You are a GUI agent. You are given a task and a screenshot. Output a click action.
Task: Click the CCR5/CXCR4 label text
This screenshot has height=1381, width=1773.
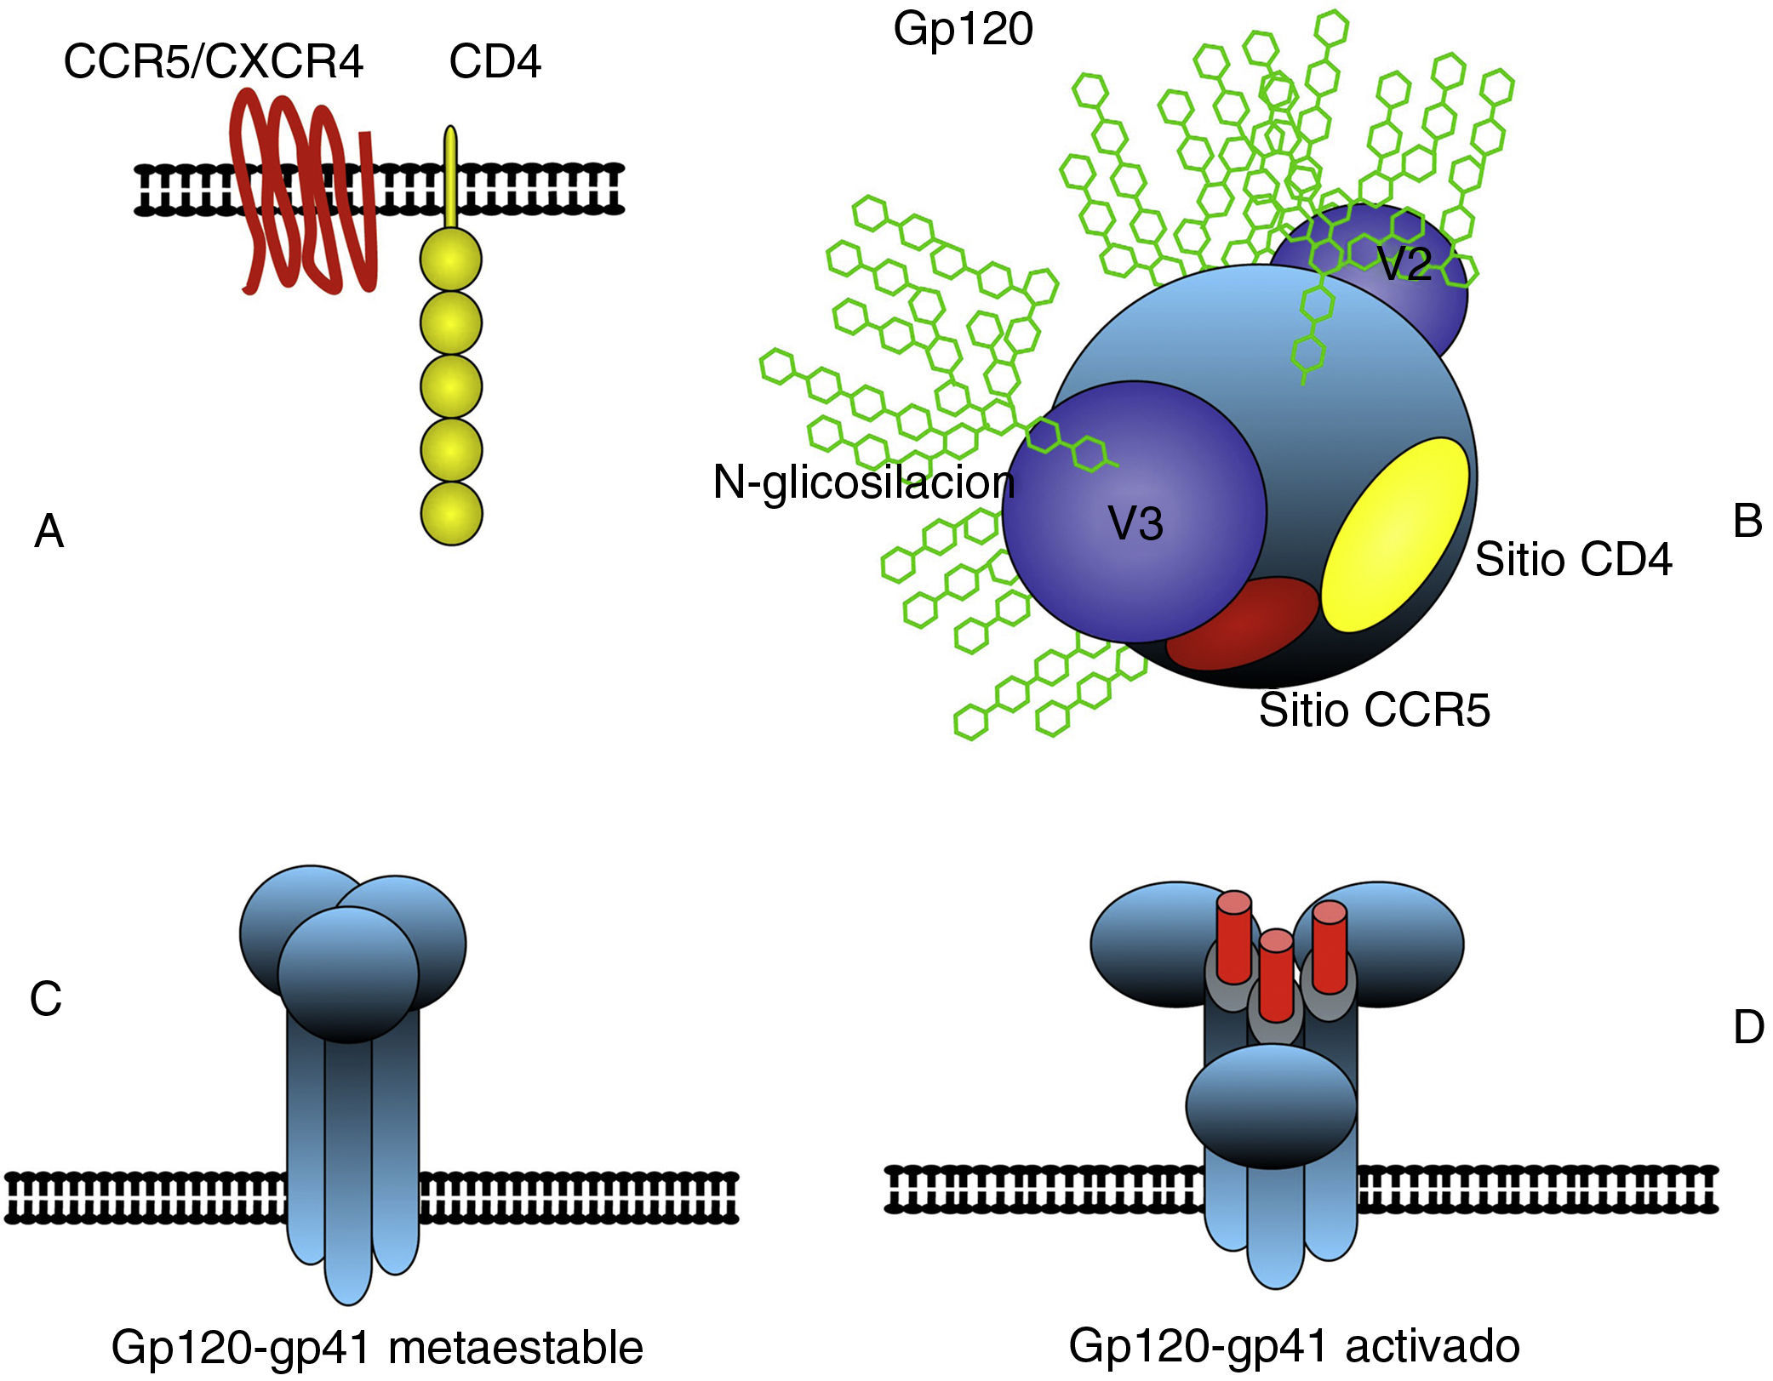click(x=214, y=61)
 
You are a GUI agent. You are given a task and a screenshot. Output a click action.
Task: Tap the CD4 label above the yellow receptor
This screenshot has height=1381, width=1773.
click(x=495, y=61)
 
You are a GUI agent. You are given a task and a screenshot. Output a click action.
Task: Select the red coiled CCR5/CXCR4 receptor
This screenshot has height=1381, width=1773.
click(x=306, y=196)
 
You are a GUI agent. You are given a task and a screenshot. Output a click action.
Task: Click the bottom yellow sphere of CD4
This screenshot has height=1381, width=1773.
click(x=452, y=513)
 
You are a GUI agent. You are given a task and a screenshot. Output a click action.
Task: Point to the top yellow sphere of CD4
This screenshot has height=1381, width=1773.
click(x=451, y=260)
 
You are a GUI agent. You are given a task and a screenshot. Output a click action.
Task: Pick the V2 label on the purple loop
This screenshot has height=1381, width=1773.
click(x=1404, y=264)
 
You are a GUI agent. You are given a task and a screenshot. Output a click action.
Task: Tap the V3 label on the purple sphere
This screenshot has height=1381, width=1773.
click(x=1135, y=522)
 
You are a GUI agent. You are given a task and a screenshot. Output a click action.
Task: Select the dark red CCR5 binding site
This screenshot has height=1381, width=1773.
click(x=1243, y=623)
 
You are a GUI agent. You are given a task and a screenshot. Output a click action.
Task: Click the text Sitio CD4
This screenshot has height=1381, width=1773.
click(x=1573, y=560)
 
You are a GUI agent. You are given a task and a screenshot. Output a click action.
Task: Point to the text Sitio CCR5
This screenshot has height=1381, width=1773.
click(x=1375, y=710)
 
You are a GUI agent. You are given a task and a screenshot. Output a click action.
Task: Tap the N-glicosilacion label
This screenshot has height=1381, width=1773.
click(x=864, y=482)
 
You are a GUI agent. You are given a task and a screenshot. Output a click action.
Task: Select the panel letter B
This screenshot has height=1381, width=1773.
click(x=1747, y=521)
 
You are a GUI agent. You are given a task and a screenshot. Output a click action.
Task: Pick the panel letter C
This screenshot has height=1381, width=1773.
click(x=46, y=999)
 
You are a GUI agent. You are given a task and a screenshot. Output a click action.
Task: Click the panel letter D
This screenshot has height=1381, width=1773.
click(x=1749, y=1028)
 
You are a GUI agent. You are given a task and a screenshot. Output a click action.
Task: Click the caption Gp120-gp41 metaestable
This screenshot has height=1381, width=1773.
click(x=377, y=1347)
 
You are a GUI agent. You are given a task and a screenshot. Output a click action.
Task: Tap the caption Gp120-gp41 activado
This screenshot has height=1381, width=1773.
click(x=1294, y=1345)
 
